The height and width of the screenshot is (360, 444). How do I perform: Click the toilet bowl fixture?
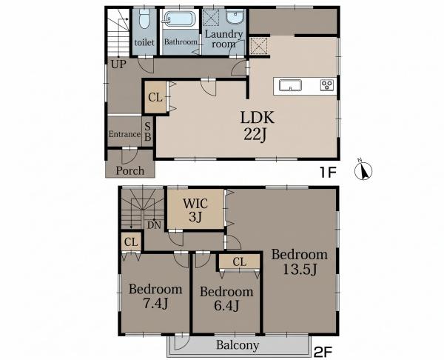[144, 19]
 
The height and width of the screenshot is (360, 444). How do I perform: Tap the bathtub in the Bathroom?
[180, 19]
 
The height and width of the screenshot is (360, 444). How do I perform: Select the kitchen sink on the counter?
[290, 85]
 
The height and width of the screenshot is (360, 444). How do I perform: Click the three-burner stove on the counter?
[327, 85]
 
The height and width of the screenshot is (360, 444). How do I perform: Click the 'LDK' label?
[257, 117]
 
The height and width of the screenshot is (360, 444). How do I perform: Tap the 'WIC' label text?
[195, 204]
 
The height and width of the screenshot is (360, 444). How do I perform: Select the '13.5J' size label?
[300, 269]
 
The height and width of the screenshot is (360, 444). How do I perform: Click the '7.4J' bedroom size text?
[155, 303]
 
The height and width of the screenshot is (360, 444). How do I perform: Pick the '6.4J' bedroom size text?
[226, 306]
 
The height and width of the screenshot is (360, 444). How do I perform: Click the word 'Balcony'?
[238, 345]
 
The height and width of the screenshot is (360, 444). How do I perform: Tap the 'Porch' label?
[130, 170]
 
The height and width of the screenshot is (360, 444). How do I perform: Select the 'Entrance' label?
[124, 134]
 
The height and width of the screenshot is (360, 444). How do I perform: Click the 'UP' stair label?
[118, 64]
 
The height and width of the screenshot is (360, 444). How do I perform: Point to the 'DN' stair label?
[154, 225]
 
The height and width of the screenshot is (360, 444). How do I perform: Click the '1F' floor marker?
[328, 172]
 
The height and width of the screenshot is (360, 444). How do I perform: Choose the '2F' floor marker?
[323, 352]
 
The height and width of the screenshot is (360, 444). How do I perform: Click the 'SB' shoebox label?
[148, 132]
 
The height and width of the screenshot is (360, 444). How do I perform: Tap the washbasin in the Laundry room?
[235, 16]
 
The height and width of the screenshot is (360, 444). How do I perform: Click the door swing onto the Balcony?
[181, 342]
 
